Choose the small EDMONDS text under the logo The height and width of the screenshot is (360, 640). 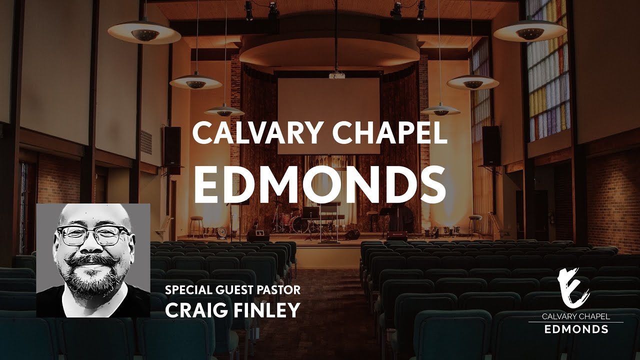tap(576, 329)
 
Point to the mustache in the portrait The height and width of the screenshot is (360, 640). tap(94, 261)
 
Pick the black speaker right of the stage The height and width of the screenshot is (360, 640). tap(491, 145)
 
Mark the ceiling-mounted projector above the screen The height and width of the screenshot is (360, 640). tap(336, 75)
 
